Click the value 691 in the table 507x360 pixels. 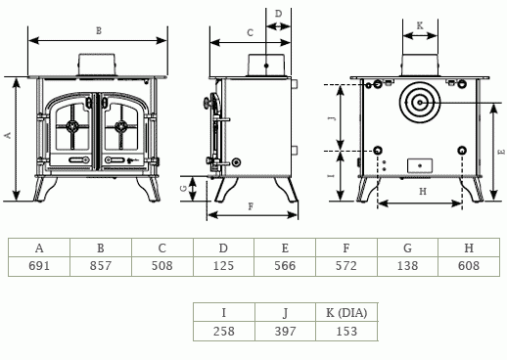click(x=39, y=266)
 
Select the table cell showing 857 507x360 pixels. click(x=101, y=266)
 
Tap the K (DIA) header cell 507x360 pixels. click(x=346, y=313)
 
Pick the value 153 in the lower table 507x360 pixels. click(x=346, y=332)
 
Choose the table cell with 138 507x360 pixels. click(x=408, y=266)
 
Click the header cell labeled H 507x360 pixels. click(x=469, y=248)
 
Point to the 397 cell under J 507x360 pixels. click(x=285, y=332)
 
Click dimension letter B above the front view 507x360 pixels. click(x=99, y=31)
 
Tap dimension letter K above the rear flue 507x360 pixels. click(x=420, y=25)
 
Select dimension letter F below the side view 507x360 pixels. click(x=251, y=206)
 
